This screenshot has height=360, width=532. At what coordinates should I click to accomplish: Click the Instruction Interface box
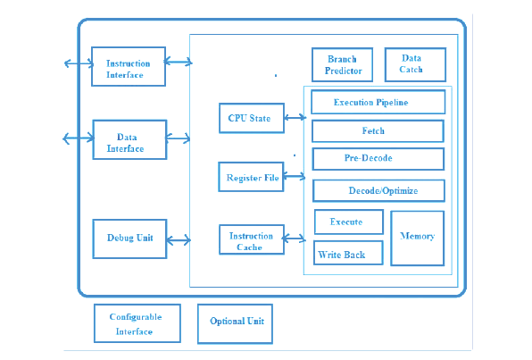pyautogui.click(x=129, y=67)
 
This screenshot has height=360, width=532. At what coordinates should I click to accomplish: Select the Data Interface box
pyautogui.click(x=129, y=139)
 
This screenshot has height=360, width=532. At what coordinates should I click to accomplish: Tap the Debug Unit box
pyautogui.click(x=129, y=239)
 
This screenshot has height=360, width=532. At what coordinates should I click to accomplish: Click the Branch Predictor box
pyautogui.click(x=343, y=64)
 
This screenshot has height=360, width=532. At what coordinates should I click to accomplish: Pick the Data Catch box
pyautogui.click(x=415, y=64)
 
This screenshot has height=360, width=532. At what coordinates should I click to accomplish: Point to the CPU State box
pyautogui.click(x=252, y=118)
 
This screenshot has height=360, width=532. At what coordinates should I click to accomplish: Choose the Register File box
pyautogui.click(x=251, y=177)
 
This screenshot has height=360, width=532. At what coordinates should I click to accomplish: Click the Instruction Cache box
pyautogui.click(x=252, y=239)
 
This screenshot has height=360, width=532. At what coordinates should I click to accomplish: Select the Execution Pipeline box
pyautogui.click(x=378, y=102)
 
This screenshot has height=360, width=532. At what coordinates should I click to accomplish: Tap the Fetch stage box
pyautogui.click(x=378, y=131)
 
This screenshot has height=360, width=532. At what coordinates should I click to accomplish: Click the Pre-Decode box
pyautogui.click(x=378, y=159)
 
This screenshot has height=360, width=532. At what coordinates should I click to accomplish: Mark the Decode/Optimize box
pyautogui.click(x=378, y=191)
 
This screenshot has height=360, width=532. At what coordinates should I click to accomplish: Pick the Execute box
pyautogui.click(x=349, y=222)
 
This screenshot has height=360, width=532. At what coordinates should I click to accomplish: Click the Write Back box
pyautogui.click(x=348, y=253)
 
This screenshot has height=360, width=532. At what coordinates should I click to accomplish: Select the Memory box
pyautogui.click(x=418, y=239)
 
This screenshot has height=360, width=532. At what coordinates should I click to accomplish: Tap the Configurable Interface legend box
pyautogui.click(x=137, y=323)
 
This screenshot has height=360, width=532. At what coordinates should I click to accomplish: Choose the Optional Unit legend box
pyautogui.click(x=235, y=323)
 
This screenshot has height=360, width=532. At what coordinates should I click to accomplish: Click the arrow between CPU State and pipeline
pyautogui.click(x=295, y=118)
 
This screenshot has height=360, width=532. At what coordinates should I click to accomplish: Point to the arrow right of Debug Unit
pyautogui.click(x=179, y=240)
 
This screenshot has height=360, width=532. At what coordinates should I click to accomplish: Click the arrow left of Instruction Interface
pyautogui.click(x=79, y=63)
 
